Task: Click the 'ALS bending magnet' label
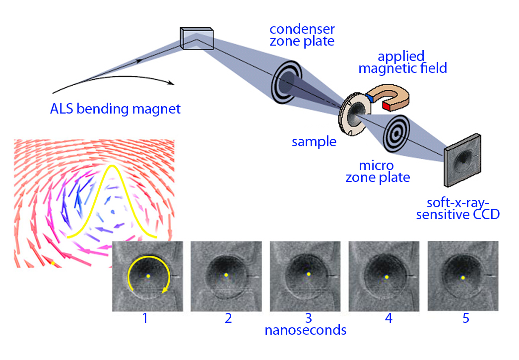(115, 108)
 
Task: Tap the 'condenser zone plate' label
(302, 34)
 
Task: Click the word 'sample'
(314, 142)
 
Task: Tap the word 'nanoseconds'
(305, 330)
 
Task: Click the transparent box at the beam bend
(196, 39)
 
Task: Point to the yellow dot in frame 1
(148, 276)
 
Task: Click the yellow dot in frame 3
(308, 274)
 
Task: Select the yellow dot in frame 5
(462, 278)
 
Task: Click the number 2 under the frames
(228, 318)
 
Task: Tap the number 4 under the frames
(388, 318)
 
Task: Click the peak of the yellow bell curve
(113, 166)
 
